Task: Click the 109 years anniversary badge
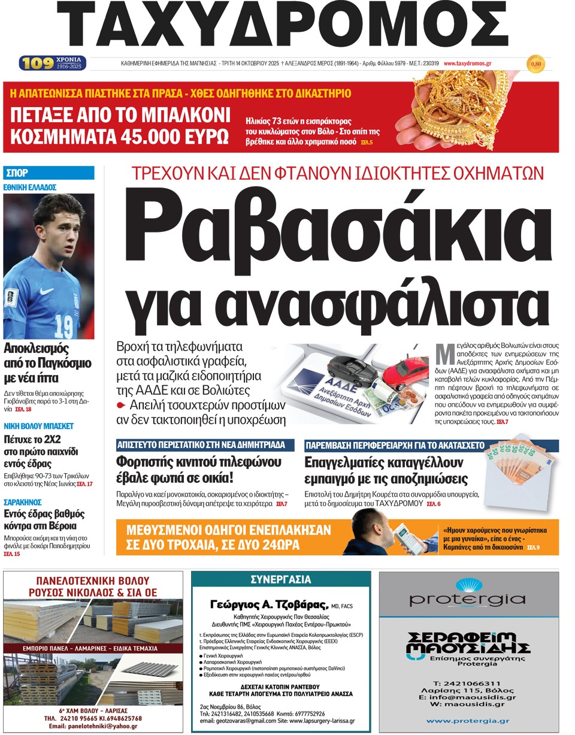pyautogui.click(x=53, y=63)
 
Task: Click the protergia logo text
pyautogui.click(x=468, y=600)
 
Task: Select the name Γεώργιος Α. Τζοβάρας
pyautogui.click(x=270, y=603)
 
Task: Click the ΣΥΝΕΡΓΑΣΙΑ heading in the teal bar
pyautogui.click(x=280, y=579)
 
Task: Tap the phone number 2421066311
pyautogui.click(x=467, y=683)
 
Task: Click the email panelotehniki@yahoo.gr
pyautogui.click(x=93, y=726)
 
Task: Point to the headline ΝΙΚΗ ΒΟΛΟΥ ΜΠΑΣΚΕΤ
pyautogui.click(x=39, y=426)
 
